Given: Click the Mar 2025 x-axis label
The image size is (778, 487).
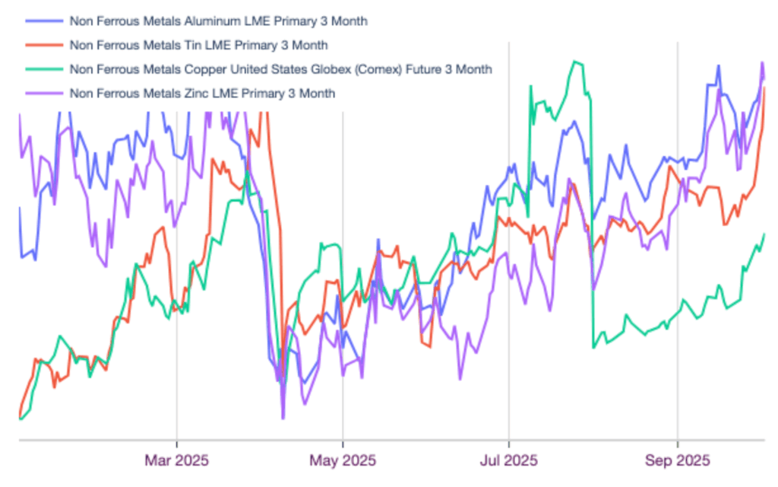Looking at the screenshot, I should click(176, 460).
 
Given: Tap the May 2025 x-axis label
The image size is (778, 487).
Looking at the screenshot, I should click(343, 460).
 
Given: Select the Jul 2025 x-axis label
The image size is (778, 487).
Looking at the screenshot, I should click(509, 460).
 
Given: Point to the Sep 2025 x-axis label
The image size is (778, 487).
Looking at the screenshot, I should click(678, 460).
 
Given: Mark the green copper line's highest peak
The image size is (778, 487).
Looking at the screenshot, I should click(577, 62).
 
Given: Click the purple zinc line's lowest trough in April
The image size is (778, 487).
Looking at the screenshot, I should click(283, 418).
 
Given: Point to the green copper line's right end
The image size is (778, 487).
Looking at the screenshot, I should click(764, 234).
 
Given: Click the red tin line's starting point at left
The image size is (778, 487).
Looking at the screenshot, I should click(19, 414).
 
